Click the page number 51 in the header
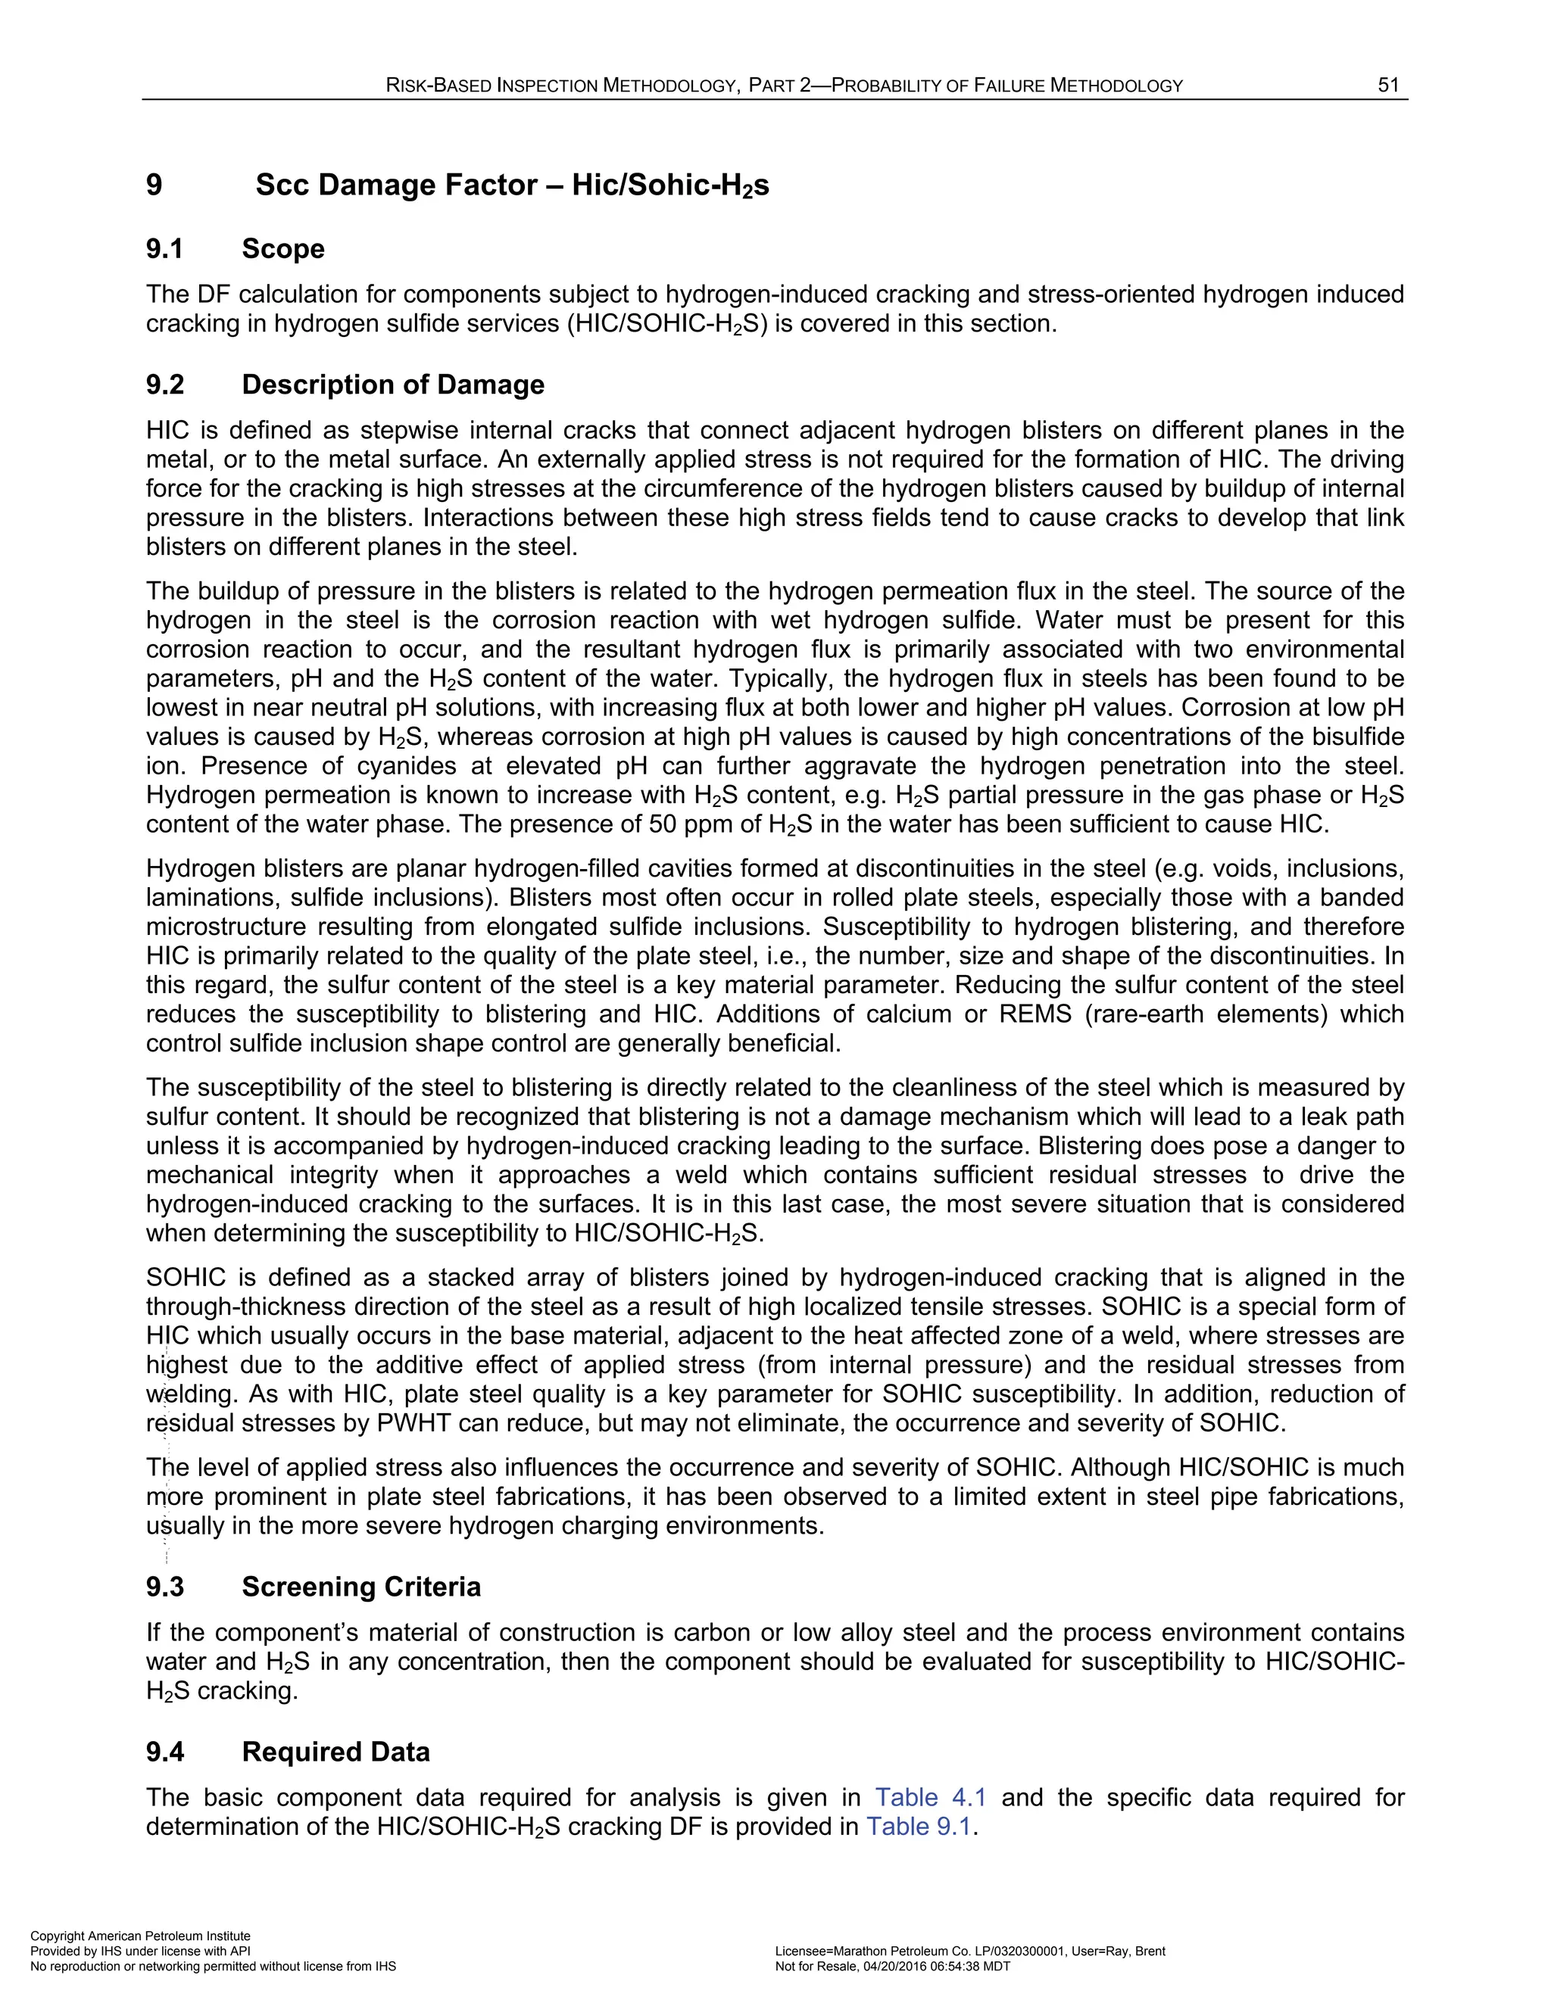pos(1387,86)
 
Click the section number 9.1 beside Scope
pos(165,249)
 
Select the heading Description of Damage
pos(393,385)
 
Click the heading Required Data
pos(336,1752)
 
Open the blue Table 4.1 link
pos(931,1798)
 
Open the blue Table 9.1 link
pos(918,1827)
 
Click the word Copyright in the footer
pos(56,1936)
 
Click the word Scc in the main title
pos(281,185)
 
